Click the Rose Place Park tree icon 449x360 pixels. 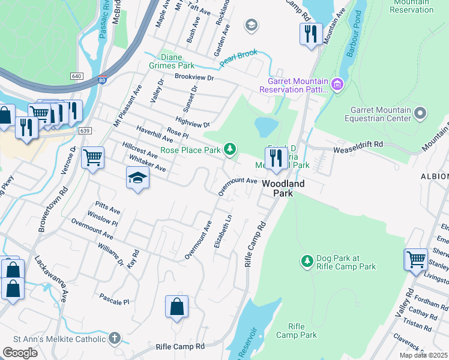pyautogui.click(x=229, y=148)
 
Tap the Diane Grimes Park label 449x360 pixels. pyautogui.click(x=177, y=61)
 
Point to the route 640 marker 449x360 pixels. pyautogui.click(x=76, y=76)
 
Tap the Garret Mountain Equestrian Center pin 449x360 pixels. pyautogui.click(x=421, y=113)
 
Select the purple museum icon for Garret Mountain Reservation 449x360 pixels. pyautogui.click(x=337, y=85)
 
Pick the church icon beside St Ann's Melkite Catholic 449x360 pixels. pyautogui.click(x=115, y=338)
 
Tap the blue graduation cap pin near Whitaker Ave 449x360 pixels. pyautogui.click(x=137, y=178)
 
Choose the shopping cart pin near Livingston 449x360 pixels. pyautogui.click(x=415, y=260)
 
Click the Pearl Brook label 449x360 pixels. pyautogui.click(x=238, y=57)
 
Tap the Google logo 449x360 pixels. pyautogui.click(x=20, y=353)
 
